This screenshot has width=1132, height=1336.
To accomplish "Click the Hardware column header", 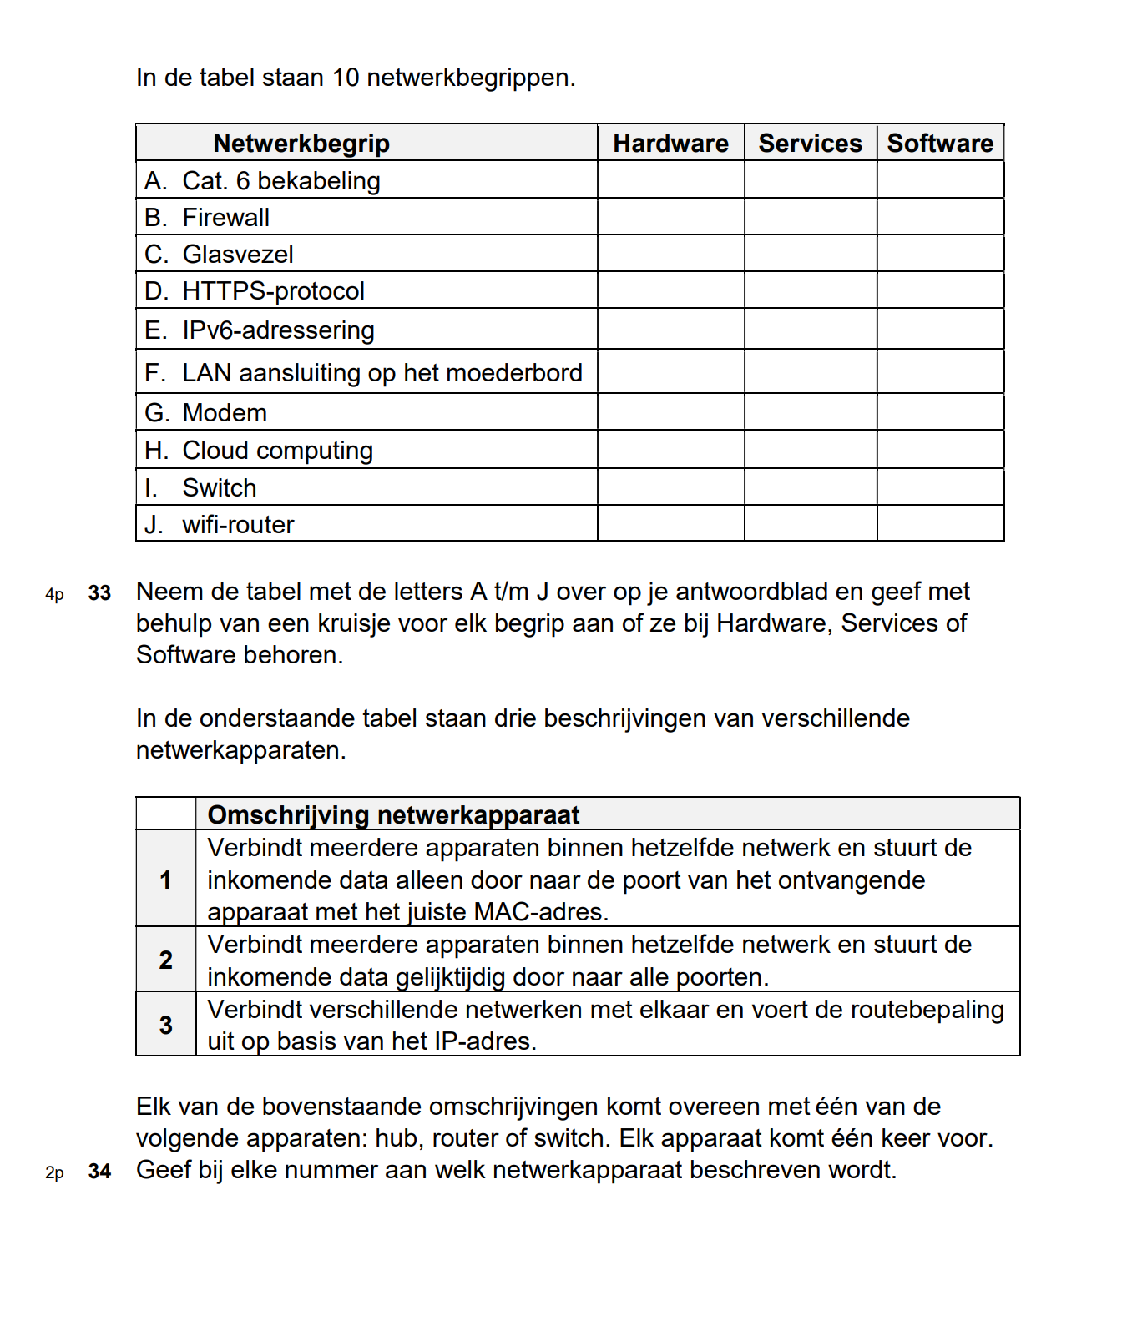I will pyautogui.click(x=670, y=143).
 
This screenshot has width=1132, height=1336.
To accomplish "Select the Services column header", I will pyautogui.click(x=810, y=143).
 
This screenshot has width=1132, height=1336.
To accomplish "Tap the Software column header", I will pyautogui.click(x=940, y=143).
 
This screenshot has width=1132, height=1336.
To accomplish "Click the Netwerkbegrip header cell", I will pyautogui.click(x=301, y=143).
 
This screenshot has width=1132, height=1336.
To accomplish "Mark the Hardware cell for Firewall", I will pyautogui.click(x=670, y=217).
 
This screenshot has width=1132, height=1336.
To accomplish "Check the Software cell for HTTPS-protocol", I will pyautogui.click(x=940, y=290).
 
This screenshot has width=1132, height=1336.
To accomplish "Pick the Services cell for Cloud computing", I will pyautogui.click(x=810, y=450).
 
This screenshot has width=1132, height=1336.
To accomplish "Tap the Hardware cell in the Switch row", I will pyautogui.click(x=670, y=487).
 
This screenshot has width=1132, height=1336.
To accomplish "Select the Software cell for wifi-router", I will pyautogui.click(x=940, y=524).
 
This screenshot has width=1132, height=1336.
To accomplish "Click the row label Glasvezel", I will pyautogui.click(x=238, y=254).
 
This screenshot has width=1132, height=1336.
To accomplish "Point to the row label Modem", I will pyautogui.click(x=225, y=412).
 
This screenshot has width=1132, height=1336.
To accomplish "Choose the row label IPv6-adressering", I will pyautogui.click(x=278, y=330).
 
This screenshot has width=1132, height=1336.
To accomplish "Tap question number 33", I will pyautogui.click(x=99, y=592).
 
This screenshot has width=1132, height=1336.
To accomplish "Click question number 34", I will pyautogui.click(x=99, y=1171).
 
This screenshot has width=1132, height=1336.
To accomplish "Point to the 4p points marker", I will pyautogui.click(x=54, y=594).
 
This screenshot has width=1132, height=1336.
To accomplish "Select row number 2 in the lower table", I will pyautogui.click(x=166, y=960).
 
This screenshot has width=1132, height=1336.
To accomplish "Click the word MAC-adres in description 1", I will pyautogui.click(x=538, y=911).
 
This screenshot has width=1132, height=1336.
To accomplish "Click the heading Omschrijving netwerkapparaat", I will pyautogui.click(x=393, y=814).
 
